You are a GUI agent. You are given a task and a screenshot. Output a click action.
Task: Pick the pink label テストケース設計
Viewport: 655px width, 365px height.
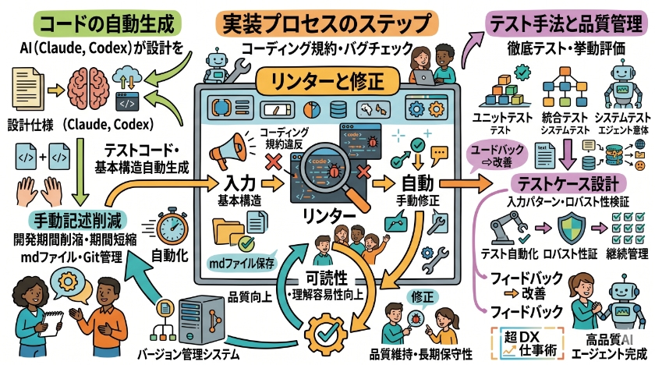568,185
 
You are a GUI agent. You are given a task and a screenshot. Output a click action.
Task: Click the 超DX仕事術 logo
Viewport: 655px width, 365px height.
530,341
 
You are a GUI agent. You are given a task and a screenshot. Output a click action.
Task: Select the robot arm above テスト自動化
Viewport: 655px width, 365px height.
507,227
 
